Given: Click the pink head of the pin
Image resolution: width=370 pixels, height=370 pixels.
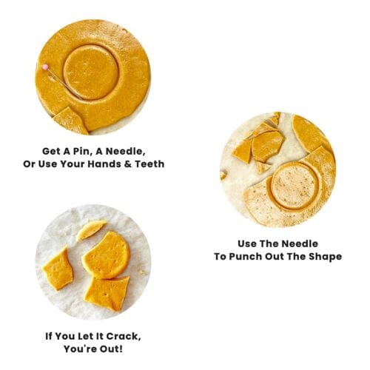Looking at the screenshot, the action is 45,67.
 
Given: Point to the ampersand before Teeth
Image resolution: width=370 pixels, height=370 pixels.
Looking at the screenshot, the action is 129,164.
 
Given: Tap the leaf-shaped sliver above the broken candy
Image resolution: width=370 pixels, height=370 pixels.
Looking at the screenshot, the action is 91,230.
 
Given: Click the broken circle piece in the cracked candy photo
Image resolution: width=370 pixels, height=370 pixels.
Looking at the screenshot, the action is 106,255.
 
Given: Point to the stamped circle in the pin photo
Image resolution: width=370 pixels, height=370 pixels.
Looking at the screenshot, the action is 91,72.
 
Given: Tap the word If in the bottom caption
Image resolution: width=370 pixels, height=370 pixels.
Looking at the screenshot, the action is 49,336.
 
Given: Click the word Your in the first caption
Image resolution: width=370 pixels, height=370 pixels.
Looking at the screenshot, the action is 73,164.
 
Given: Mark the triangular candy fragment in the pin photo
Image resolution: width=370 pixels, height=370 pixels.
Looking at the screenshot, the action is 71,121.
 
